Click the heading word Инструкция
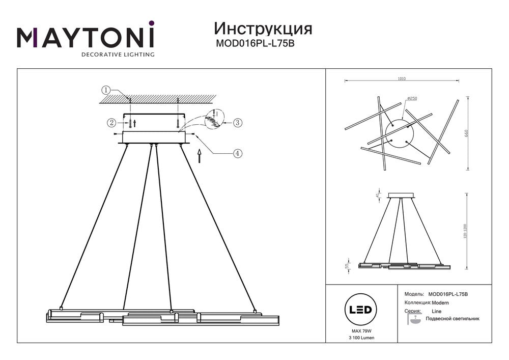263,28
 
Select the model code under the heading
256,44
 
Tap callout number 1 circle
105,90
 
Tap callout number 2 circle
111,122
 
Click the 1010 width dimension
402,78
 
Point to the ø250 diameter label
412,98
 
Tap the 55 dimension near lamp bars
348,266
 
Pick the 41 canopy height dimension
377,195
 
